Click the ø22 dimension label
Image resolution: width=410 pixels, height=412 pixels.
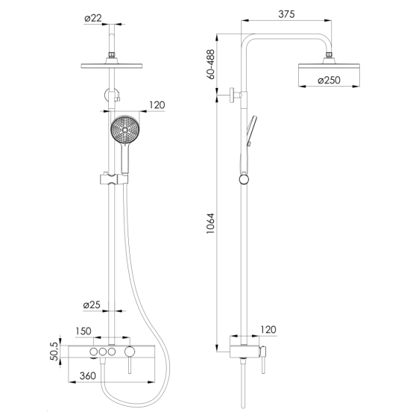93,19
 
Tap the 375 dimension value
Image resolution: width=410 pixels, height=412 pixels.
286,14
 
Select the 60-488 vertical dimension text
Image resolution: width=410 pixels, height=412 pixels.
210,64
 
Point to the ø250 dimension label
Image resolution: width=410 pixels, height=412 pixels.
329,80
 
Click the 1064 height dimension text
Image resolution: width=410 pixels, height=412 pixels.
210,224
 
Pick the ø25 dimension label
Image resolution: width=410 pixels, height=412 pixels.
92,305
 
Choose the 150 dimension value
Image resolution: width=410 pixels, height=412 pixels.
83,331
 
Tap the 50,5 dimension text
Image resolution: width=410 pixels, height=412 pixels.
54,351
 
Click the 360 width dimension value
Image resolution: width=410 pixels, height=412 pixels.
88,375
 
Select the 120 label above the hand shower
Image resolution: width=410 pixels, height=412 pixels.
157,105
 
